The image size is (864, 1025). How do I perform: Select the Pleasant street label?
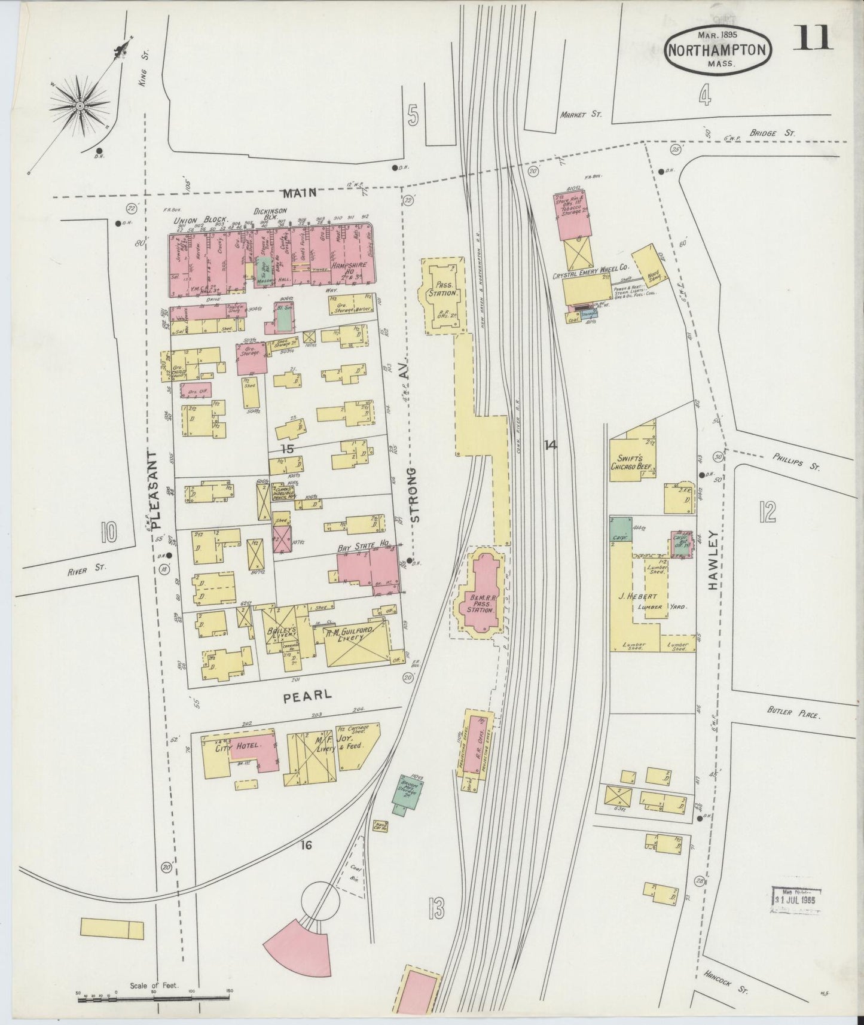[x=156, y=491]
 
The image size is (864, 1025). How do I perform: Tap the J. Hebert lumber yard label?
[x=642, y=596]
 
